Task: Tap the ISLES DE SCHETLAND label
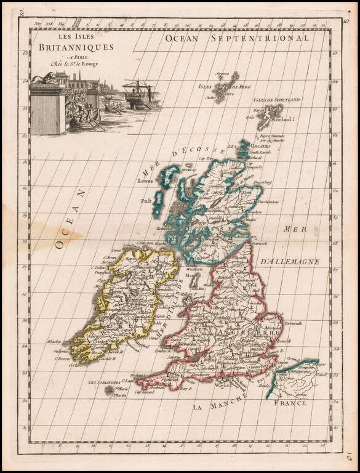click(276, 99)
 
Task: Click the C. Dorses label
click(63, 359)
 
